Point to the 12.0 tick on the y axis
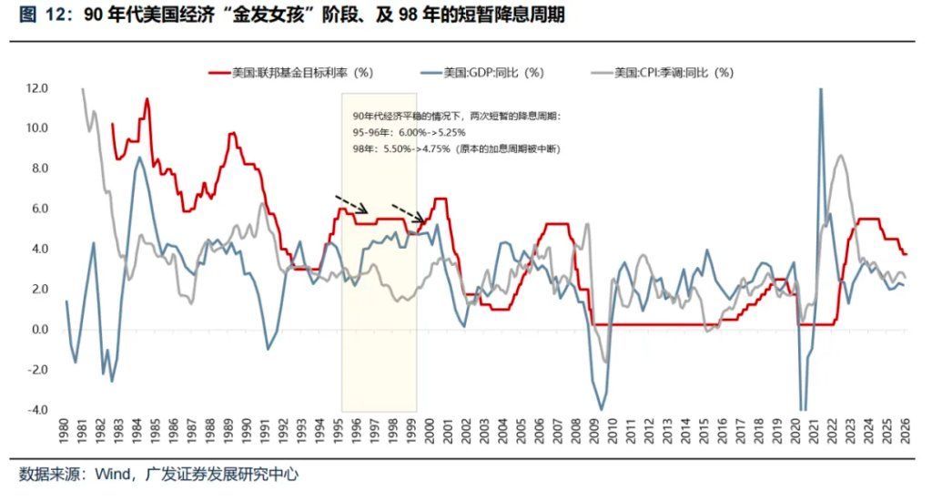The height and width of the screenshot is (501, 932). coord(37,88)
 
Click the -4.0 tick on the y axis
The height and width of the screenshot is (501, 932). coord(37,410)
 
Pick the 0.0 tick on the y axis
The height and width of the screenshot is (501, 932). coord(39,330)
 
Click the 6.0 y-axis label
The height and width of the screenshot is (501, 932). coord(39,209)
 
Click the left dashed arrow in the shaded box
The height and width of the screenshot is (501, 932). coord(350,203)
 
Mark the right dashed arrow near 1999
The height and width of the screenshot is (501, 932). coord(408,211)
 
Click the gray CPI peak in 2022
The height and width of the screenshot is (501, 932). coord(840,157)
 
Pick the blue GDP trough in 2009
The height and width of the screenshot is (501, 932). coord(601,408)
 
